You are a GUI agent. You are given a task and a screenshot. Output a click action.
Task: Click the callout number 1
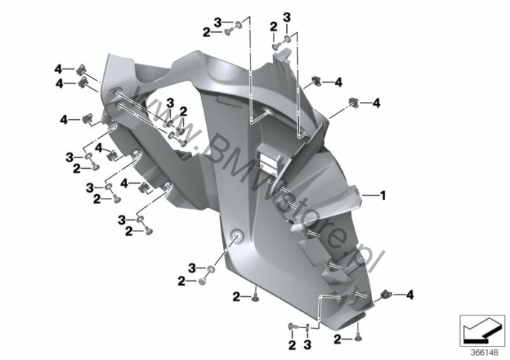point(384,196)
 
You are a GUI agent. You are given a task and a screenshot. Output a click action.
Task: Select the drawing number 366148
point(485,353)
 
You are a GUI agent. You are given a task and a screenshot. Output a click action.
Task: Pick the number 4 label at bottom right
point(410,295)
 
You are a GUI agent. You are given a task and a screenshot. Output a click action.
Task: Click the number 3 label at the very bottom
point(307,344)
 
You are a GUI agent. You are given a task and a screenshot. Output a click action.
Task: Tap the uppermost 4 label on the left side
point(58,69)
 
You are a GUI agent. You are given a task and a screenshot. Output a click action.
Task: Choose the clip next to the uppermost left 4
point(82,69)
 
